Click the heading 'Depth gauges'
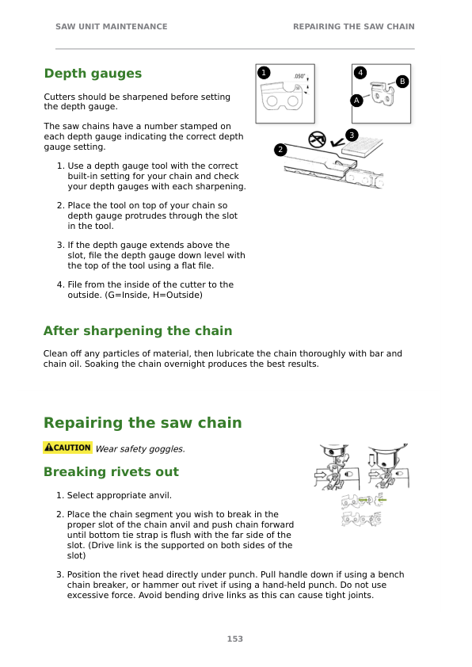pyautogui.click(x=93, y=74)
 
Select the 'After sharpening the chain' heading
pyautogui.click(x=138, y=331)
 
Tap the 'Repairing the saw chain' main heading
pyautogui.click(x=143, y=423)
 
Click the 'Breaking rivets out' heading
pyautogui.click(x=111, y=472)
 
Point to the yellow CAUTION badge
pyautogui.click(x=68, y=448)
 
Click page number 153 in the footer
pyautogui.click(x=235, y=639)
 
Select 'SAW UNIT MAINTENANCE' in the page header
pyautogui.click(x=111, y=27)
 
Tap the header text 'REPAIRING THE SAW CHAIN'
pyautogui.click(x=353, y=27)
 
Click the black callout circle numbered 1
pyautogui.click(x=264, y=74)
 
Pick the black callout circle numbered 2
pyautogui.click(x=280, y=150)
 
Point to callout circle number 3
pyautogui.click(x=352, y=135)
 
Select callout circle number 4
pyautogui.click(x=361, y=74)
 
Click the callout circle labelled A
pyautogui.click(x=357, y=101)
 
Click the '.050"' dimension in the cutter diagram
pyautogui.click(x=299, y=77)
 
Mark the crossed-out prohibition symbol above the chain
pyautogui.click(x=317, y=139)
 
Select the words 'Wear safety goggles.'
pyautogui.click(x=140, y=449)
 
